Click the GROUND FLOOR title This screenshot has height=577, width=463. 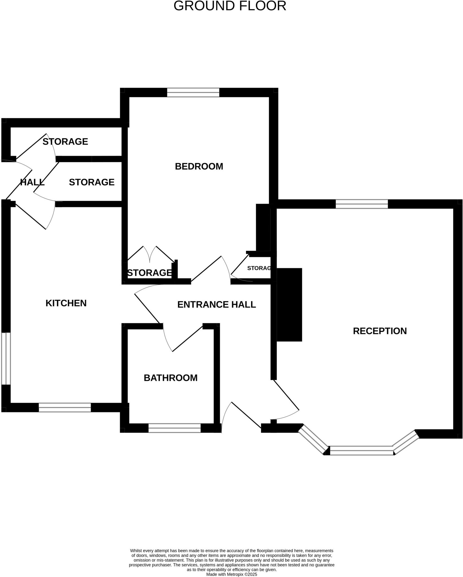point(230,6)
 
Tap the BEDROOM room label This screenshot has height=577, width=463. point(199,166)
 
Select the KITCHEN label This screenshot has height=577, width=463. point(66,303)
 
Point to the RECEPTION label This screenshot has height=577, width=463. point(380,331)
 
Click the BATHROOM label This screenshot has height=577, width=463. point(170,378)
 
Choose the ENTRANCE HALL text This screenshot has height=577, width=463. point(216,305)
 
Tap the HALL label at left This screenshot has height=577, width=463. point(32,182)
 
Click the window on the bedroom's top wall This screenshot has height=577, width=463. point(193,92)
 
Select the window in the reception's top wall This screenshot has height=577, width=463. point(361,204)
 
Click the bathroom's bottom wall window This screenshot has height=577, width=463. point(174,428)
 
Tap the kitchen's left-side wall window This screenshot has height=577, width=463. point(6,358)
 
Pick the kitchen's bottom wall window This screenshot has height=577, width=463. point(65,407)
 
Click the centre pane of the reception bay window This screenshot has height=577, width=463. point(361,450)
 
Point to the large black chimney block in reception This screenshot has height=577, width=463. point(289,305)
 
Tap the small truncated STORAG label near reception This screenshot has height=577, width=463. point(259,268)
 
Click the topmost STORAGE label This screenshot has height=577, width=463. point(65,141)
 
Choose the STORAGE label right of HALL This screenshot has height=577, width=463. point(91,182)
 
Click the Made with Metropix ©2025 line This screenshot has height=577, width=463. point(231,574)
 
